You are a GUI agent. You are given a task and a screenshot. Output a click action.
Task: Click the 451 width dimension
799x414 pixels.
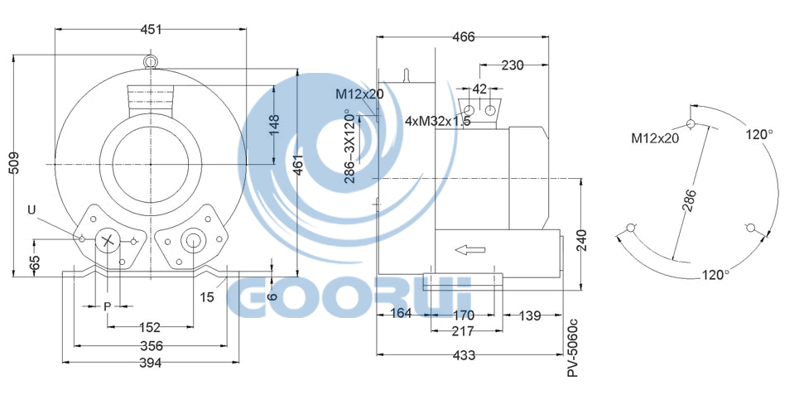pyautogui.click(x=151, y=30)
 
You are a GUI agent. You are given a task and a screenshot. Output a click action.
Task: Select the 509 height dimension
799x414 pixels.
pyautogui.click(x=15, y=163)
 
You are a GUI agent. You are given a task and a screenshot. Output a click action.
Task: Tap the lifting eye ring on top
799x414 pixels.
pyautogui.click(x=151, y=62)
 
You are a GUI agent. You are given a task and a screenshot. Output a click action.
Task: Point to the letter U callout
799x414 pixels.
pyautogui.click(x=32, y=209)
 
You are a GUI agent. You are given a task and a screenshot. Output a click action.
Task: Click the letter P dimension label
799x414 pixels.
pyautogui.click(x=107, y=306)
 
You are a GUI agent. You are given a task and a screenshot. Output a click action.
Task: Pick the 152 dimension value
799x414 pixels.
pyautogui.click(x=150, y=327)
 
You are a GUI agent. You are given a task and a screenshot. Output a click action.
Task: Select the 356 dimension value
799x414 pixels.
pyautogui.click(x=152, y=346)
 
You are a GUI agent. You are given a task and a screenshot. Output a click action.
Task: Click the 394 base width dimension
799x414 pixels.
pyautogui.click(x=151, y=363)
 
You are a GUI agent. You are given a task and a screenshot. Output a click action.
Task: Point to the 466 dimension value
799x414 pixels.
pyautogui.click(x=463, y=36)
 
